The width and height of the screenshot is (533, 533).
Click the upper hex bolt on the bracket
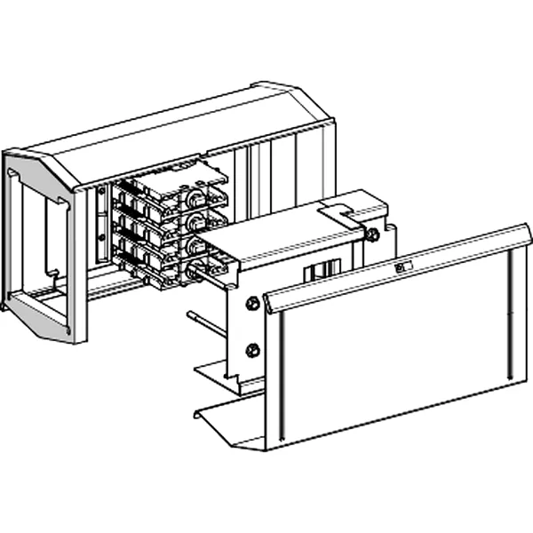coord(252,303)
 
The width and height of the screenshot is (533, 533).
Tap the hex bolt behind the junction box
coord(374,235)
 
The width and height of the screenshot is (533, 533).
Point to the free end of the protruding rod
coord(190,314)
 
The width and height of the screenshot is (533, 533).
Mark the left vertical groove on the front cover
coord(283,373)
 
